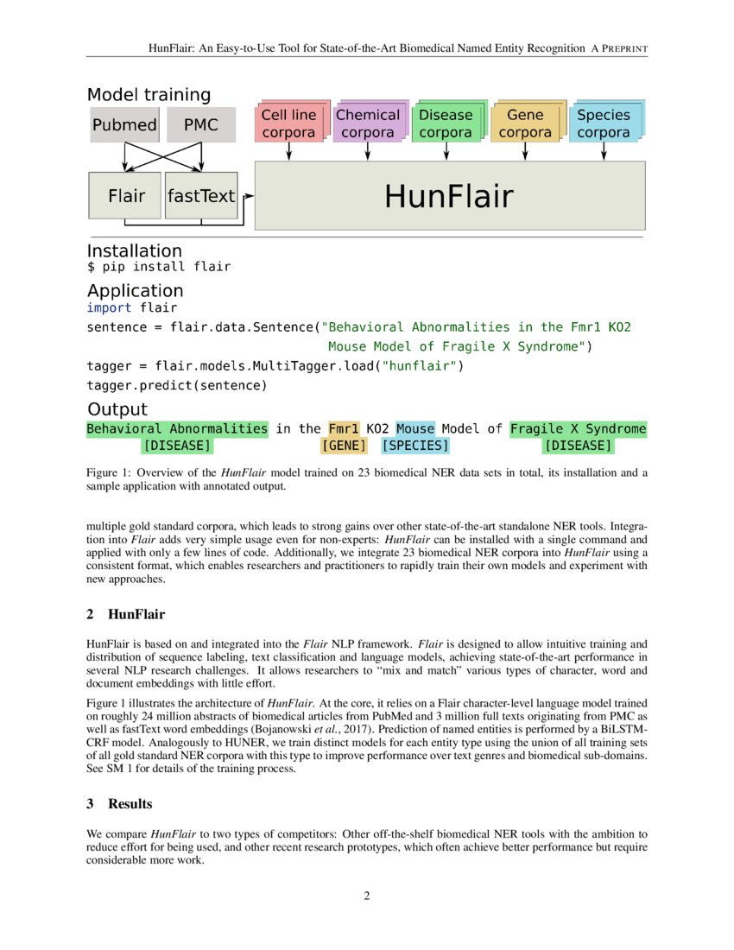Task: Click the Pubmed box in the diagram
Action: click(x=124, y=125)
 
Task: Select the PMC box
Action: click(x=201, y=125)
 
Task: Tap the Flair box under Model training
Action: click(x=126, y=196)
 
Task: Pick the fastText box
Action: click(x=201, y=196)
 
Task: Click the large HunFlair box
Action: click(x=449, y=196)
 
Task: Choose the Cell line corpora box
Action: click(x=288, y=123)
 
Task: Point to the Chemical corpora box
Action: click(x=368, y=123)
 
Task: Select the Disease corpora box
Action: click(x=446, y=123)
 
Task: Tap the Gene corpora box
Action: click(x=525, y=123)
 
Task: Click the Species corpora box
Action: click(x=604, y=123)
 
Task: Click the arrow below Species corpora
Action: click(x=604, y=151)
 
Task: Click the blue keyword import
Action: click(x=109, y=307)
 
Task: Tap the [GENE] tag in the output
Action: click(x=344, y=446)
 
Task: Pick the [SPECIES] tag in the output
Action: click(x=415, y=446)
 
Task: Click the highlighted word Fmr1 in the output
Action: click(x=344, y=428)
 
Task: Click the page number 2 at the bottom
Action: click(x=367, y=896)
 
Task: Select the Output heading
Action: click(x=117, y=409)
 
